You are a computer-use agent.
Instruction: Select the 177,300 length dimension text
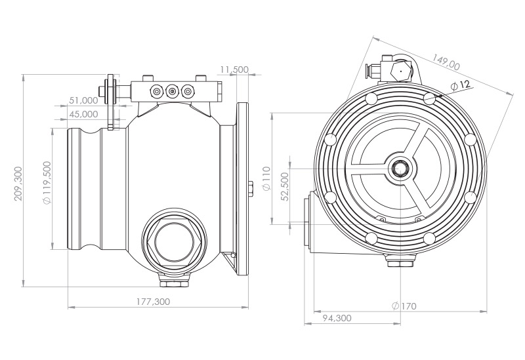(154, 302)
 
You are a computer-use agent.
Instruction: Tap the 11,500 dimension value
(234, 70)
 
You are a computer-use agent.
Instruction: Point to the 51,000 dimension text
(83, 101)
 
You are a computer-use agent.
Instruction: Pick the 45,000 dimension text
(83, 114)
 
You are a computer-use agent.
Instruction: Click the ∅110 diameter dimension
(266, 178)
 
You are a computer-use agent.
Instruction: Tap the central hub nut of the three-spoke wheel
(398, 169)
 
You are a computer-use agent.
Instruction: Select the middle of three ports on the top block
(173, 91)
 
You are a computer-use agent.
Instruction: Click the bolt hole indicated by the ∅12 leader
(429, 98)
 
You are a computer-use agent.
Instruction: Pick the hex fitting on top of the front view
(398, 69)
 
